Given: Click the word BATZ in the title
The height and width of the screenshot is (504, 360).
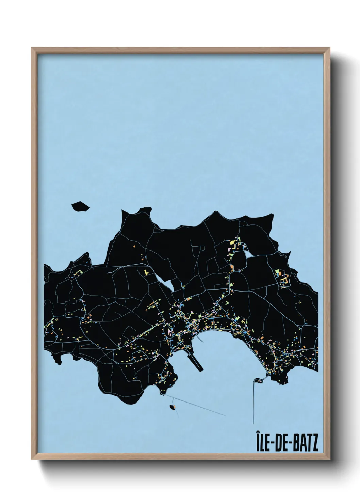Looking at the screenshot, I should (304, 441).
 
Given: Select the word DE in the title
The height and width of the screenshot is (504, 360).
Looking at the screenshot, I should (282, 441).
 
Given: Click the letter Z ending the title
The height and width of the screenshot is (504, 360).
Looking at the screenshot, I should (315, 441).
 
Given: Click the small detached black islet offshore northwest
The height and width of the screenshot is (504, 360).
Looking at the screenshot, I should (80, 206).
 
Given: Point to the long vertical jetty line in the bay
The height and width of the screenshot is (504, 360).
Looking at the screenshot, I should (253, 398).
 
